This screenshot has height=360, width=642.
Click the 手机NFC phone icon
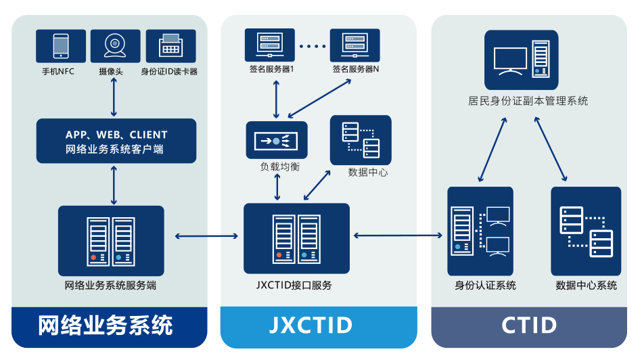(61, 46)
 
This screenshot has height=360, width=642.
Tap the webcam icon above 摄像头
(115, 46)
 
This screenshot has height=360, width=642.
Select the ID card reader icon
(170, 46)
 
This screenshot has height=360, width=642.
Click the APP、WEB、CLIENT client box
(116, 141)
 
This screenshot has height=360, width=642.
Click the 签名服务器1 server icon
(269, 45)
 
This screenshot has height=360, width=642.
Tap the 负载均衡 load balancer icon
(276, 141)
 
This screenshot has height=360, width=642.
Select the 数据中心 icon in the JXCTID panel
(361, 140)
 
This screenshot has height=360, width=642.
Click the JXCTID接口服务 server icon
(296, 238)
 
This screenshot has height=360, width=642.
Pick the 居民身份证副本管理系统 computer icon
(521, 60)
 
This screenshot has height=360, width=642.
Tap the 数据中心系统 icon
(586, 231)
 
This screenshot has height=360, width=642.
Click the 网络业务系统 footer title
(106, 325)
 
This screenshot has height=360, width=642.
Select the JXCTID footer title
(311, 325)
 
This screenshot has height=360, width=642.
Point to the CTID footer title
(530, 325)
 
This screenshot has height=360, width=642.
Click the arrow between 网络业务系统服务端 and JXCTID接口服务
(206, 236)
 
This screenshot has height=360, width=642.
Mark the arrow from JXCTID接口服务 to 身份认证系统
(398, 235)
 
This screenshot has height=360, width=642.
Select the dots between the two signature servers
(312, 46)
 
